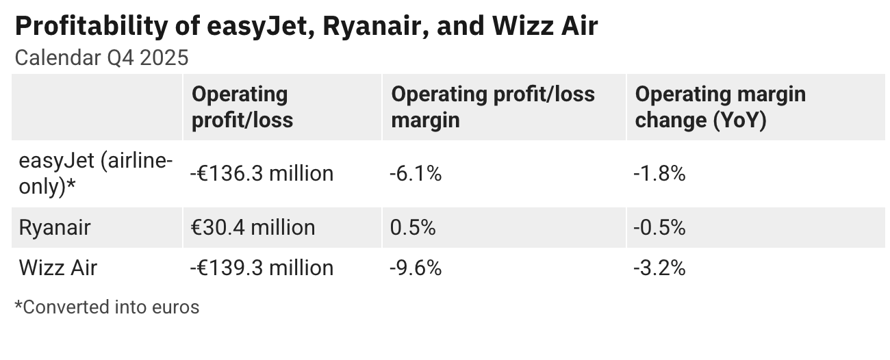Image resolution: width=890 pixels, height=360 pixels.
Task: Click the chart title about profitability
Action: pyautogui.click(x=306, y=26)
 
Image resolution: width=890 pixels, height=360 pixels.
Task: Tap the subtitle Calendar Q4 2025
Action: pyautogui.click(x=101, y=58)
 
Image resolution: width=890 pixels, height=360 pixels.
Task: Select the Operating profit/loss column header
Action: pyautogui.click(x=242, y=107)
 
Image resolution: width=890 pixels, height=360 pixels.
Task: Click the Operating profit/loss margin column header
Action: pyautogui.click(x=492, y=107)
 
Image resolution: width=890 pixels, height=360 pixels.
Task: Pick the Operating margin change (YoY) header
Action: pyautogui.click(x=720, y=107)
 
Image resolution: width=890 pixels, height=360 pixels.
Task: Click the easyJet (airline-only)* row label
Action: pyautogui.click(x=95, y=174)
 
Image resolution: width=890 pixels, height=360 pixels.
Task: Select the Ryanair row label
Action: pyautogui.click(x=55, y=227)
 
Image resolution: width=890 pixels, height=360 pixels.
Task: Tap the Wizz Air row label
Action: pyautogui.click(x=58, y=268)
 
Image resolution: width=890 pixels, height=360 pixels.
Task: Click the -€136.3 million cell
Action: pyautogui.click(x=262, y=174)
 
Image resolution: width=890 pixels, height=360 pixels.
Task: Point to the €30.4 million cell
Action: pyautogui.click(x=253, y=227)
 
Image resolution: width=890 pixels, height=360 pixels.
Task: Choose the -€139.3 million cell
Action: pyautogui.click(x=262, y=268)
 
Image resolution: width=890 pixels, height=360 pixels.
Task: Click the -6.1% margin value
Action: pyautogui.click(x=416, y=174)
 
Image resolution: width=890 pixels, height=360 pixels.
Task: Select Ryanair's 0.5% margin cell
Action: pyautogui.click(x=413, y=227)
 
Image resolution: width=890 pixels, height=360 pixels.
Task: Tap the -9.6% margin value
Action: pyautogui.click(x=416, y=268)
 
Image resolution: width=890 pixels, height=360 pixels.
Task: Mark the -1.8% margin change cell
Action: pyautogui.click(x=660, y=174)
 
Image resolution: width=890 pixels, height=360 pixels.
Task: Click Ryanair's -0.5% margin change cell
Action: pyautogui.click(x=660, y=227)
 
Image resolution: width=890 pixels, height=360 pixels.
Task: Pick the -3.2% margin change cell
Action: pyautogui.click(x=660, y=268)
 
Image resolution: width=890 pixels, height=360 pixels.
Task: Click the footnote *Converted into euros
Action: pyautogui.click(x=107, y=307)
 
